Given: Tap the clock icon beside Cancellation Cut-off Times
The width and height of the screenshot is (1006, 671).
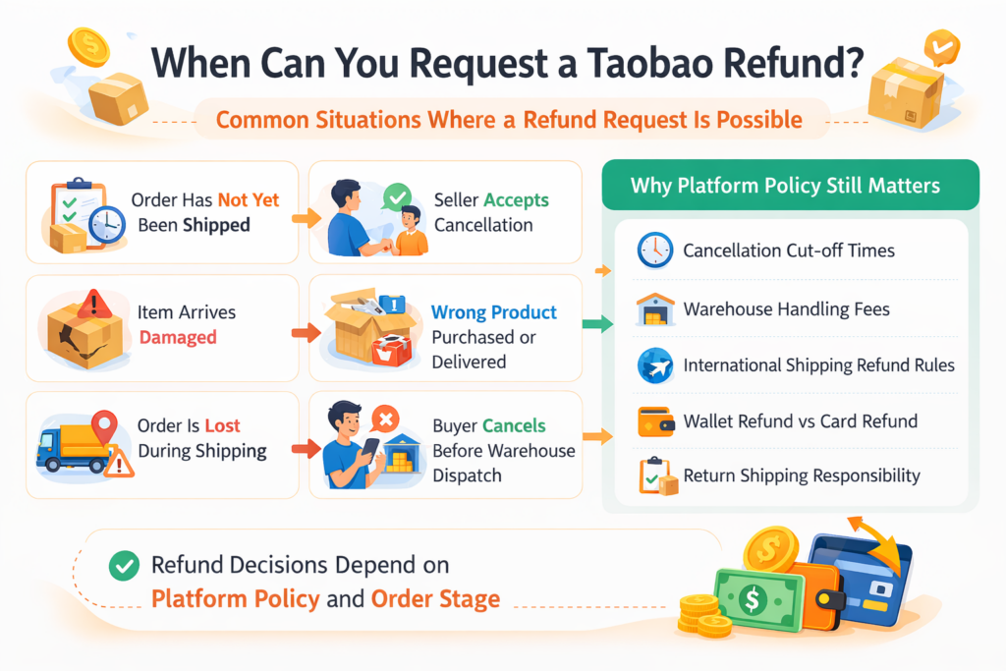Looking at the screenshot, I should (x=653, y=251).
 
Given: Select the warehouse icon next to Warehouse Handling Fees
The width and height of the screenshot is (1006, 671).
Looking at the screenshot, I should (x=654, y=308).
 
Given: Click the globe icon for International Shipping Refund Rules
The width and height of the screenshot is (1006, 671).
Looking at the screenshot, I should (x=654, y=365).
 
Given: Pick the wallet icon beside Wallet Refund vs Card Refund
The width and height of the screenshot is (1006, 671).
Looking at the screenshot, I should (x=654, y=421).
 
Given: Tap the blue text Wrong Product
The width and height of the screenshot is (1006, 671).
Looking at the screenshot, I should (x=494, y=312).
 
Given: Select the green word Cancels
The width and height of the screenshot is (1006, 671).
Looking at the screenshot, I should (x=514, y=426).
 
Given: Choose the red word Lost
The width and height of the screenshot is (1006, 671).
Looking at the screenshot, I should (x=222, y=426).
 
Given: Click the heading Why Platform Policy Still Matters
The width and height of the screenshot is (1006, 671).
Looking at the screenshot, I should (x=785, y=185).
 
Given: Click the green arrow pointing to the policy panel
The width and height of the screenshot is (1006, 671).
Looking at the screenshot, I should (x=591, y=323).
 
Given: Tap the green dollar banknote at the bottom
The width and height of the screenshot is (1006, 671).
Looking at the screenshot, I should (x=754, y=598).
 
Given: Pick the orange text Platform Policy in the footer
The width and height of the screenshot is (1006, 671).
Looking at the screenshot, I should (x=234, y=598).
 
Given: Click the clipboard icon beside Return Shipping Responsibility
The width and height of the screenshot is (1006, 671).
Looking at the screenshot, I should (x=654, y=476).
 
